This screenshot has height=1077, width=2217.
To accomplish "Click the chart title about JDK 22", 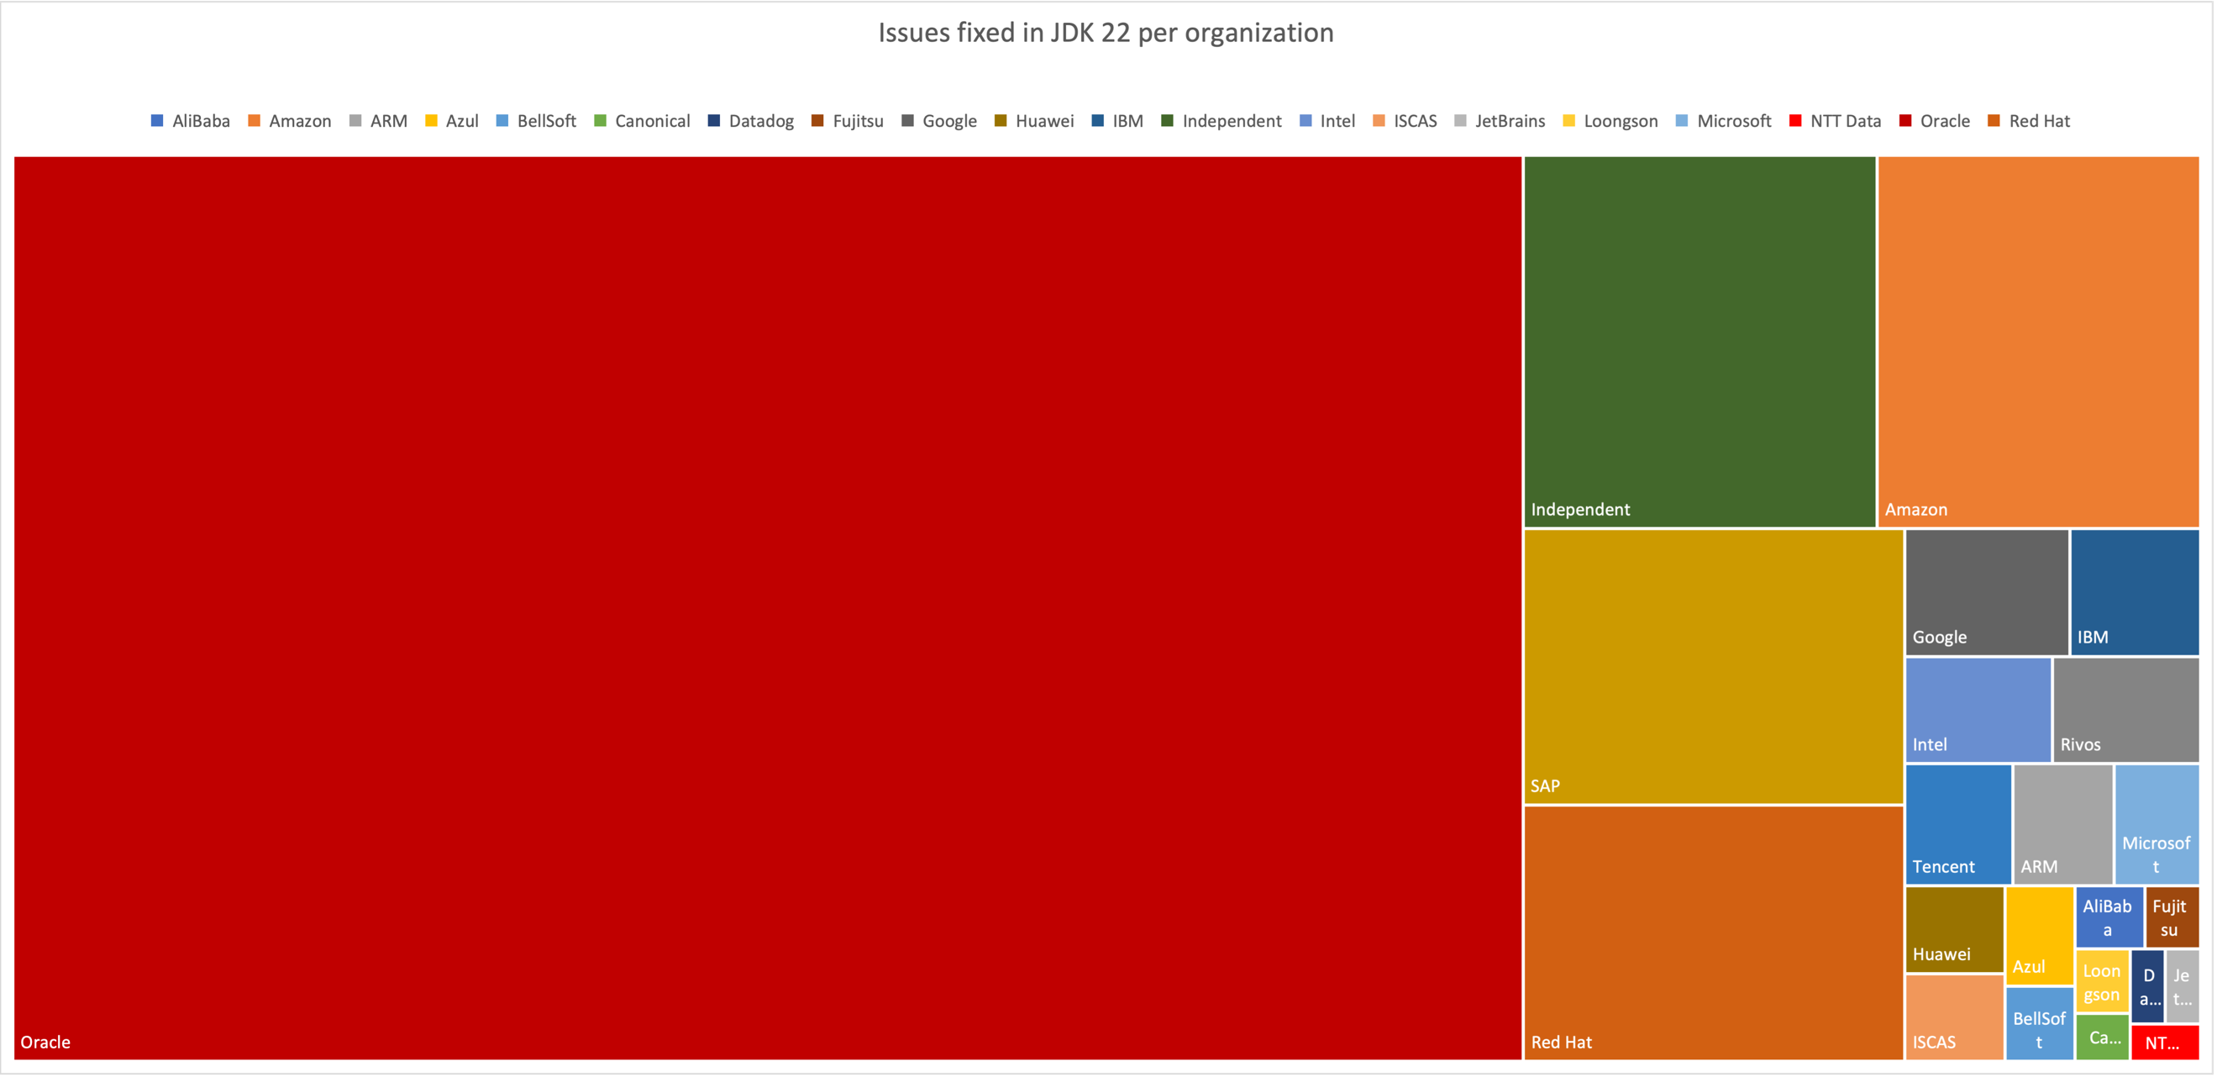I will [x=1105, y=33].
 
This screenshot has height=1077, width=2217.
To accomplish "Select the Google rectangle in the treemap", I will [x=1985, y=592].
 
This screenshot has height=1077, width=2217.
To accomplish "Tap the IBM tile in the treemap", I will [x=2134, y=592].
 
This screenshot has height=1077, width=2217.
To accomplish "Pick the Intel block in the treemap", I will [x=1977, y=709].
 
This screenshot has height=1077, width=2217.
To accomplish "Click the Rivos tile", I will [x=2125, y=709].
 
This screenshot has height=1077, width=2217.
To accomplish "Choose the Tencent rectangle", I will [x=1958, y=824].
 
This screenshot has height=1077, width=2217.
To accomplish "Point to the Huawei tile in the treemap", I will [x=1954, y=929].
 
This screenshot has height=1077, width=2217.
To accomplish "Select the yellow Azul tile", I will [x=2039, y=935].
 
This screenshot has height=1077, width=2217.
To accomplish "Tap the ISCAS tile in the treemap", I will [x=1954, y=1017].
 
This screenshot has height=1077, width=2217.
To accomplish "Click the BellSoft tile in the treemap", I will [x=2039, y=1023].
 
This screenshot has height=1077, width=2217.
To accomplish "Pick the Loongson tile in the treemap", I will [x=2102, y=981].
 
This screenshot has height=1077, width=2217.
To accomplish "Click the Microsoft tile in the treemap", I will [x=2156, y=824].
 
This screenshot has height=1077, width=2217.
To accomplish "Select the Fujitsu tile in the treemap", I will [x=2171, y=917].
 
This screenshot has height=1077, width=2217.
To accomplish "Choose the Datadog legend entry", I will [x=750, y=121].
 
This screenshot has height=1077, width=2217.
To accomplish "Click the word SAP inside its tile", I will [x=1545, y=786].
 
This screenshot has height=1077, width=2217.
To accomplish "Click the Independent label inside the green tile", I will [x=1580, y=510].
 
